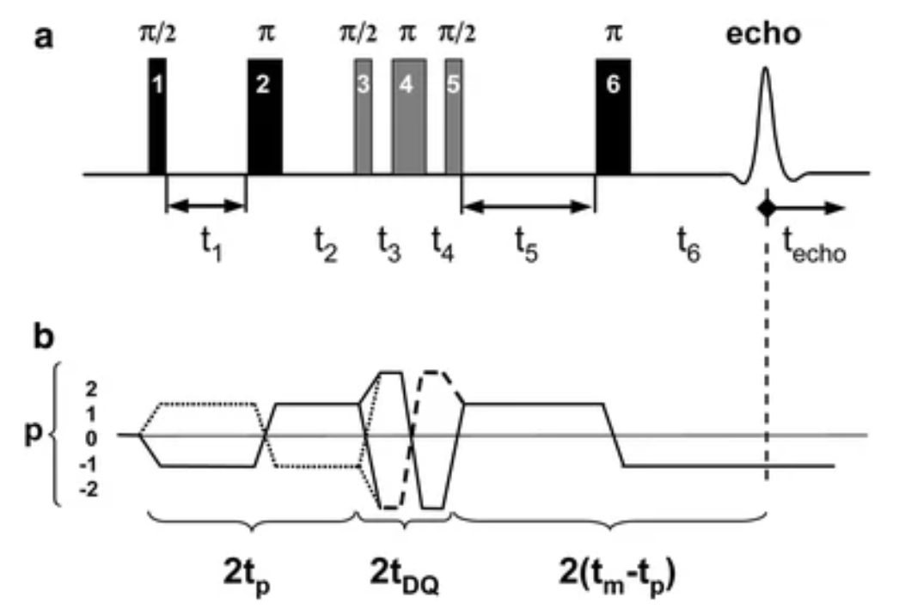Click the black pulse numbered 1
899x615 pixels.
coord(156,115)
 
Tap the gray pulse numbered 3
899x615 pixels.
coord(363,115)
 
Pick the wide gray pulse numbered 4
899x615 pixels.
coord(408,115)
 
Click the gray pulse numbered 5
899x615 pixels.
coord(453,115)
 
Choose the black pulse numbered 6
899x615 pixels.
coord(613,115)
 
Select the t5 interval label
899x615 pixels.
coord(525,251)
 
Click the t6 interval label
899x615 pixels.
coord(687,251)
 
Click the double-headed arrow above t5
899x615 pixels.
coord(528,206)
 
